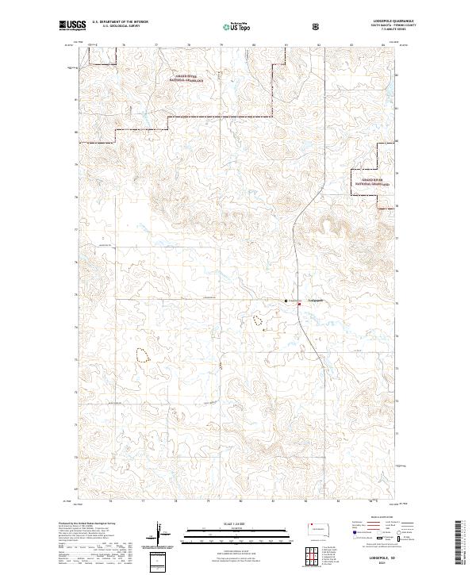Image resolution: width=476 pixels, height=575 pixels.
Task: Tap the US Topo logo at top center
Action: (x=237, y=27)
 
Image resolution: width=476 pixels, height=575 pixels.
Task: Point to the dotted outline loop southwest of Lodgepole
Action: (x=257, y=320)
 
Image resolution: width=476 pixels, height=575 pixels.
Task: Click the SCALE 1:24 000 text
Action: (x=238, y=521)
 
